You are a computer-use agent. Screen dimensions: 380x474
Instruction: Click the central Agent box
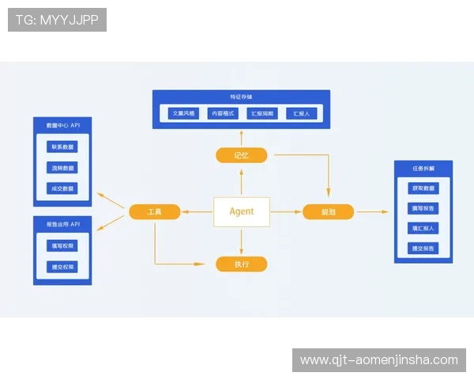(242, 211)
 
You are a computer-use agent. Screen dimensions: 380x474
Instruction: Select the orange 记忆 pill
(242, 155)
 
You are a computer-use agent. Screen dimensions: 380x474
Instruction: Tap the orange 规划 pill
(328, 211)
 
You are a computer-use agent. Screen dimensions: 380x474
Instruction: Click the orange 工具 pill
(155, 211)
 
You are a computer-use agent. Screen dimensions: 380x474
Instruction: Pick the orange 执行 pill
(242, 264)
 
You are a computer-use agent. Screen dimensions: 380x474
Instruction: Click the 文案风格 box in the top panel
(182, 114)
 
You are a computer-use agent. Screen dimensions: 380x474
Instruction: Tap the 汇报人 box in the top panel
(301, 114)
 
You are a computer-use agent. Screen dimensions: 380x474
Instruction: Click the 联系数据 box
(62, 147)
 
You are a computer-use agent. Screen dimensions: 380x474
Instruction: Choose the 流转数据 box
(62, 168)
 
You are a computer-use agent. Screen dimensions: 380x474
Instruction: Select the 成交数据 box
(62, 188)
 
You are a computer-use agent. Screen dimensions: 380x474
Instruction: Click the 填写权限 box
(62, 246)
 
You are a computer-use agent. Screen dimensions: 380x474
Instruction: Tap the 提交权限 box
(62, 267)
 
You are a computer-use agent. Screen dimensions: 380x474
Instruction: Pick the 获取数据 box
(423, 188)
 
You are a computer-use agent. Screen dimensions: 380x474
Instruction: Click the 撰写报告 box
(423, 208)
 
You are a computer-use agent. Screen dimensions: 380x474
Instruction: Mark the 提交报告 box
(423, 249)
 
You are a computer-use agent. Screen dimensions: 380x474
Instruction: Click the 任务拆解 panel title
(423, 169)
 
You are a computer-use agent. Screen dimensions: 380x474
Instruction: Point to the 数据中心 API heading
(62, 126)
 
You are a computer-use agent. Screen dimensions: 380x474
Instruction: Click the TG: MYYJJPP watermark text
(57, 20)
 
